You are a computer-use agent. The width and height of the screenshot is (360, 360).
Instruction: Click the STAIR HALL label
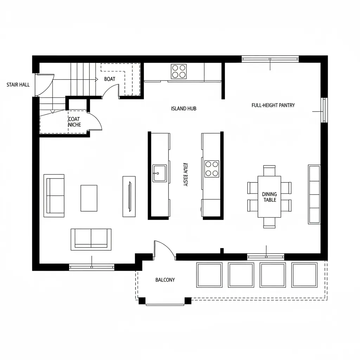18,85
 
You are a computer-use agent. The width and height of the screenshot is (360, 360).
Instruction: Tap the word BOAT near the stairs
110,79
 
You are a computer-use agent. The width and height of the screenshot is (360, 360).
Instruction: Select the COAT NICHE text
74,122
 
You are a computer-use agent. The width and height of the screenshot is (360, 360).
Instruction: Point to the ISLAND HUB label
184,109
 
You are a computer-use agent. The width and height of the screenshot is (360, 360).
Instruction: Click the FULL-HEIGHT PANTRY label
273,105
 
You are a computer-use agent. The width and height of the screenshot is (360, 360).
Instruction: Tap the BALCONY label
165,280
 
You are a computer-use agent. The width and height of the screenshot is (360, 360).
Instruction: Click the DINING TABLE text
269,197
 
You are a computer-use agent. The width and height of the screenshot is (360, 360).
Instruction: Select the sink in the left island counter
160,173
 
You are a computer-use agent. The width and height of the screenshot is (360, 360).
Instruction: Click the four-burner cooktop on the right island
212,169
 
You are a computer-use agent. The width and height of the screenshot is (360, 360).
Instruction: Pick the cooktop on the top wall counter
179,71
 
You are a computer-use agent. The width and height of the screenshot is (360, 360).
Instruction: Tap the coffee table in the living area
89,198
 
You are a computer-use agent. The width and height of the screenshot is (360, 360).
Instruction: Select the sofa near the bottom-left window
91,239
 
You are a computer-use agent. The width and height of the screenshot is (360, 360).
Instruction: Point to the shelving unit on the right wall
314,194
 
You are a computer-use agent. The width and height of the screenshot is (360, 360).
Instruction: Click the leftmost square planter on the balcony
210,275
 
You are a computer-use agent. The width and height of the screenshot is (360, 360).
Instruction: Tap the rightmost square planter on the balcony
304,275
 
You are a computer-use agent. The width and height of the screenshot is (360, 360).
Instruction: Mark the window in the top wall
270,59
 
